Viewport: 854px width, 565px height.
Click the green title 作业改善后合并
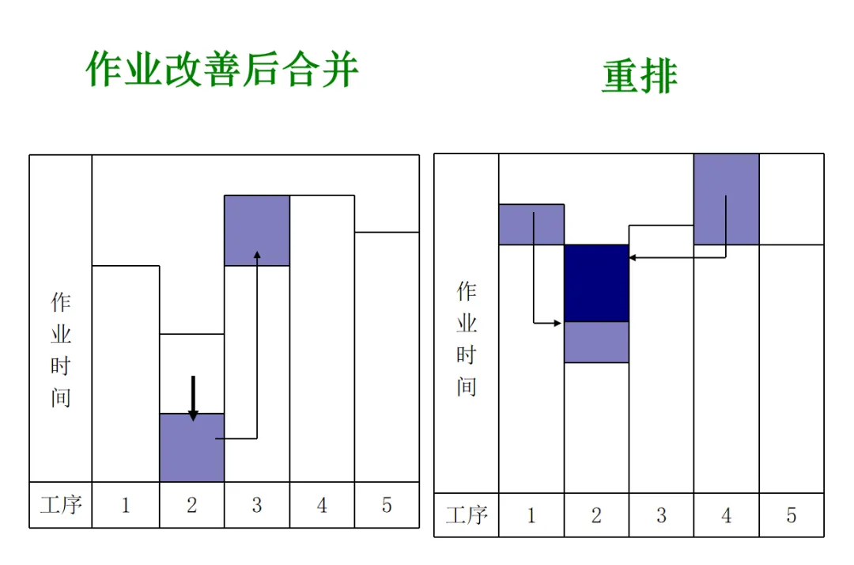[x=222, y=70]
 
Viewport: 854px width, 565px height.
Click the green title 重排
[x=639, y=77]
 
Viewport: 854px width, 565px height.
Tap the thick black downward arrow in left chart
[x=193, y=398]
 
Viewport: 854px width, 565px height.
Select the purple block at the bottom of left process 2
[x=192, y=448]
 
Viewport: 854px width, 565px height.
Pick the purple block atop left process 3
[x=257, y=230]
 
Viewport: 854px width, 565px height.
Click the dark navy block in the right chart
[x=596, y=282]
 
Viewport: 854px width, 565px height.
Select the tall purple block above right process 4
[x=726, y=199]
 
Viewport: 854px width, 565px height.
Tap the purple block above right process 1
[x=531, y=224]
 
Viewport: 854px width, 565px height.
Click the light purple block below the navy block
[x=596, y=342]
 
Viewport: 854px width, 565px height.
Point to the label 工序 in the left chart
[x=61, y=505]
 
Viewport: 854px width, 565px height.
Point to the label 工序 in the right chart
[x=467, y=516]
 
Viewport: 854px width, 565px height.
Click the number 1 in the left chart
[x=126, y=505]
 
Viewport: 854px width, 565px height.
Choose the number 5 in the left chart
[x=387, y=505]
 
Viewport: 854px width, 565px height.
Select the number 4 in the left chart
[x=322, y=505]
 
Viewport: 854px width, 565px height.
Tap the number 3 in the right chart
[x=661, y=516]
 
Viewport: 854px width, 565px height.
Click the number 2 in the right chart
[x=596, y=516]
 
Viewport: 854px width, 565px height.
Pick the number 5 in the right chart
[x=791, y=516]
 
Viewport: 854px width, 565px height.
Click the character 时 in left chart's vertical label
[x=61, y=366]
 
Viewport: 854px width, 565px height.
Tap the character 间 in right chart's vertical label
[x=467, y=386]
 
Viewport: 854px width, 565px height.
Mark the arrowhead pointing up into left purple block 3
[x=257, y=255]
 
